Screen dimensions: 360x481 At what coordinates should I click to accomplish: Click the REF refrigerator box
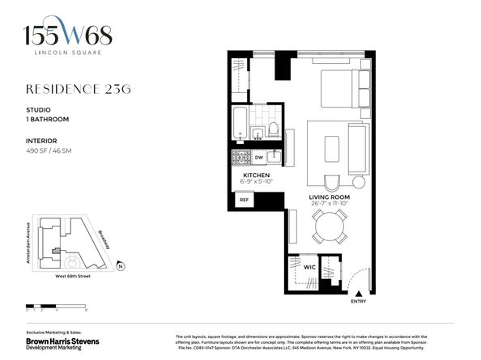click(x=243, y=199)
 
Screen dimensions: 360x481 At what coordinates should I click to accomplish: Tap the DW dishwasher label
click(x=258, y=158)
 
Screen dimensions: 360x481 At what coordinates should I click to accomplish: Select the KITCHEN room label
click(x=256, y=174)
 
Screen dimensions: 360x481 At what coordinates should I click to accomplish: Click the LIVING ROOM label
click(x=329, y=197)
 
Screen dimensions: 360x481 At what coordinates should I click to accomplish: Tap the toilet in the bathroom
click(x=273, y=129)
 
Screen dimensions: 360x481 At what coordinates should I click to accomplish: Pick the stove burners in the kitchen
click(x=240, y=158)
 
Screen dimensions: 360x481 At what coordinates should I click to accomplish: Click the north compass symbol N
click(x=119, y=265)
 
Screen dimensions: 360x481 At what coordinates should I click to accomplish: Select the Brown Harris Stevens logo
click(x=62, y=344)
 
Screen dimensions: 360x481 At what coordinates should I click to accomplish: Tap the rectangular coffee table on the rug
click(x=330, y=150)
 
